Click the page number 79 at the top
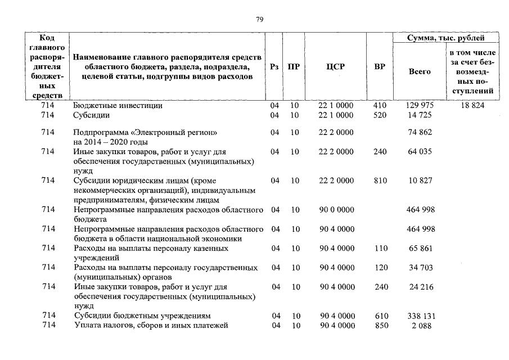point(259,19)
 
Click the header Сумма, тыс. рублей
point(446,38)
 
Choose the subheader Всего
point(420,71)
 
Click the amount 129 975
point(420,105)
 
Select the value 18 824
point(471,105)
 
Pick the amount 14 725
point(420,115)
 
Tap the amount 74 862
point(420,133)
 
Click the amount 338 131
point(420,316)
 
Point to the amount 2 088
point(420,326)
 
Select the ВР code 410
point(381,105)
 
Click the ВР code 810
point(381,181)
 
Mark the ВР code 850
point(381,326)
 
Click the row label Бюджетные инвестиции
point(118,105)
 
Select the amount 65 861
point(420,248)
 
